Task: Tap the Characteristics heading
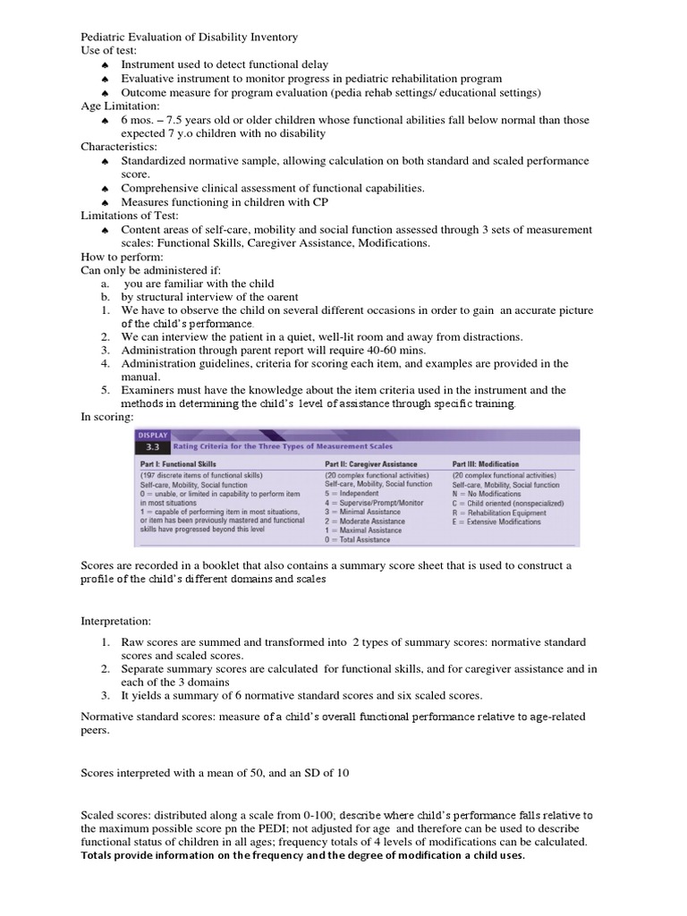[x=119, y=147]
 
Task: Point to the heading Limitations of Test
[x=130, y=216]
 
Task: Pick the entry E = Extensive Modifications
[x=496, y=522]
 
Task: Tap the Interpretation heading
[x=116, y=620]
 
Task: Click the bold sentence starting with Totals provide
[x=302, y=855]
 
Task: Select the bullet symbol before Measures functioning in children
[x=105, y=202]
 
